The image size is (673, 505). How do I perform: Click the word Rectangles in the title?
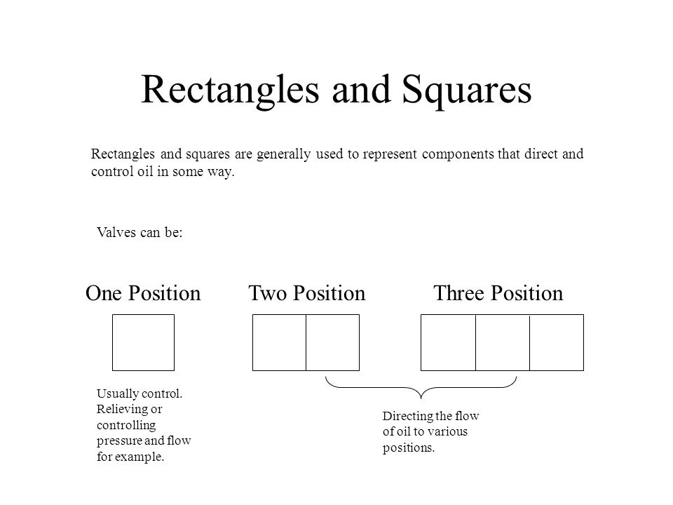230,90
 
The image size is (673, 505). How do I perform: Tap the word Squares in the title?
467,91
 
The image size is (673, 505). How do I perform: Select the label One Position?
143,293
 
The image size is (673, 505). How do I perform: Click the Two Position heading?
307,293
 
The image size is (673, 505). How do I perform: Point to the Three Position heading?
498,293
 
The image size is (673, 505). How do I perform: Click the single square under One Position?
112,342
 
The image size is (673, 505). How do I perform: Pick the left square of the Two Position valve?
253,342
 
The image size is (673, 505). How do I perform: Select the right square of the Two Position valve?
359,342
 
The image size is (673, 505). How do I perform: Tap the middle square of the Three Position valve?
503,315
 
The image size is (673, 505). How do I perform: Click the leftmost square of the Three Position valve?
421,342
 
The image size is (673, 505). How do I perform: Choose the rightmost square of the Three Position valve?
583,342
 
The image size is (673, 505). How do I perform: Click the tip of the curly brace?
421,398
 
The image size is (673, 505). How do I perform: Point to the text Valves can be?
140,232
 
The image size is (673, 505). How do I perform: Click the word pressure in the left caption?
119,441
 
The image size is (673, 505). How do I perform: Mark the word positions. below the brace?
409,448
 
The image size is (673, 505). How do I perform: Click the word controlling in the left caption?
126,425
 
